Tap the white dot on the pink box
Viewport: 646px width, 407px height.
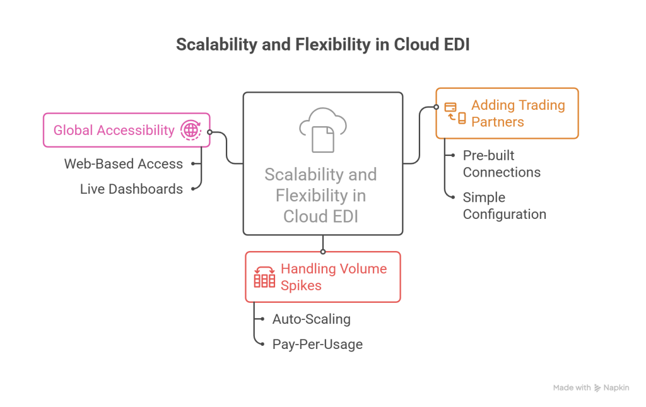[x=209, y=133]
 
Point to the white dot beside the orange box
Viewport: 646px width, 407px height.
[x=436, y=107]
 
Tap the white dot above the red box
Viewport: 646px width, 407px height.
[x=323, y=252]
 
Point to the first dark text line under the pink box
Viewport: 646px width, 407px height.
[x=120, y=172]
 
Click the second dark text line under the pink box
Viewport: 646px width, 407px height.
[x=126, y=192]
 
